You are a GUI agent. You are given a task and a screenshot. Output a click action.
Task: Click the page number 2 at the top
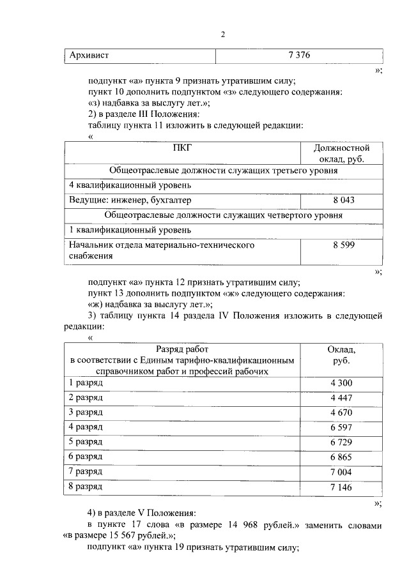(x=223, y=34)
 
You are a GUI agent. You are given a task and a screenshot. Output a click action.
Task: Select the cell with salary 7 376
(x=299, y=56)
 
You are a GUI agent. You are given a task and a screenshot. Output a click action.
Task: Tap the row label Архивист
(x=89, y=56)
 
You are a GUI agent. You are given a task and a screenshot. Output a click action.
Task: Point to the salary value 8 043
(x=342, y=200)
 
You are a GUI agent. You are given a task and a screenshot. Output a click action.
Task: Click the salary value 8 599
(x=342, y=245)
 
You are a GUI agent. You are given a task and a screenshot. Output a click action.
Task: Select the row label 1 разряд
(x=86, y=383)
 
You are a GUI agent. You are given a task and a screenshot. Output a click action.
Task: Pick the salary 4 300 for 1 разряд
(x=342, y=383)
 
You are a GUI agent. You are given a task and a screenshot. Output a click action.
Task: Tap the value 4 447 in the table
(x=342, y=398)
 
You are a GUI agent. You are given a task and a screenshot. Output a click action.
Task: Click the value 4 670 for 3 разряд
(x=342, y=413)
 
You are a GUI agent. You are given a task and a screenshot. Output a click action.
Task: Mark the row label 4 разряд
(x=86, y=427)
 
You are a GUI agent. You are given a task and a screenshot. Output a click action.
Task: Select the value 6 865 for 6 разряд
(x=342, y=457)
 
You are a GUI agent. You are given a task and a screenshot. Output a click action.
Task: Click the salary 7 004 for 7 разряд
(x=342, y=472)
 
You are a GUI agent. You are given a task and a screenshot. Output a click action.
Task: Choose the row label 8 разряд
(x=86, y=487)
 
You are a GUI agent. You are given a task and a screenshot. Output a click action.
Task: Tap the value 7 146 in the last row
(x=342, y=487)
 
